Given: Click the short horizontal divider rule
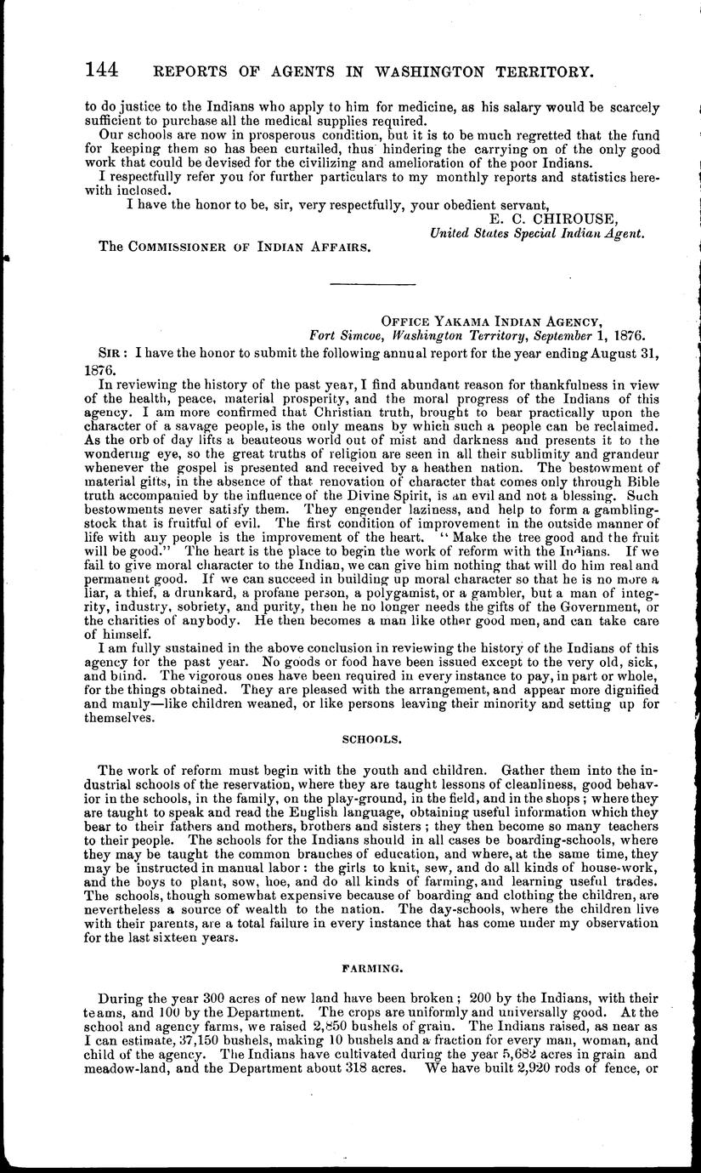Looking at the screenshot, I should coord(372,283).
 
